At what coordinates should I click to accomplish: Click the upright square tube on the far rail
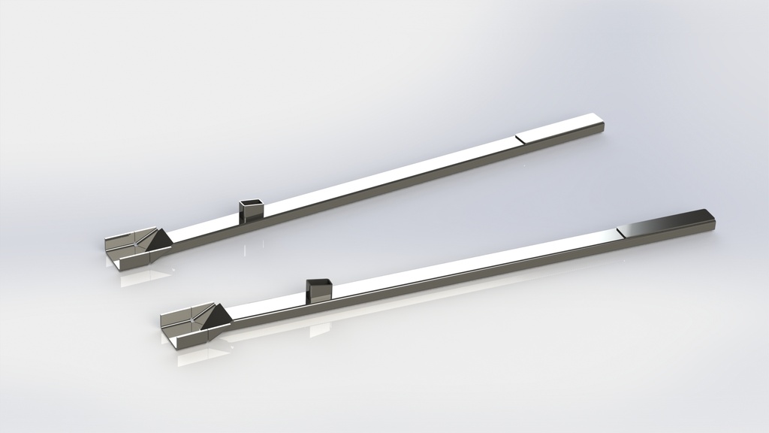pos(252,211)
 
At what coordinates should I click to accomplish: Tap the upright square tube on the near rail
pos(319,291)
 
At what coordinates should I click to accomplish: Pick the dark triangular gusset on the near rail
pos(219,316)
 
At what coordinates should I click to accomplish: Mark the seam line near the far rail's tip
pos(517,139)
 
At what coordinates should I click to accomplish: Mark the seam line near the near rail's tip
pos(617,231)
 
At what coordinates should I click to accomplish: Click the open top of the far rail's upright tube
pos(252,202)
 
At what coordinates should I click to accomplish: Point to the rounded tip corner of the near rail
pos(713,216)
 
